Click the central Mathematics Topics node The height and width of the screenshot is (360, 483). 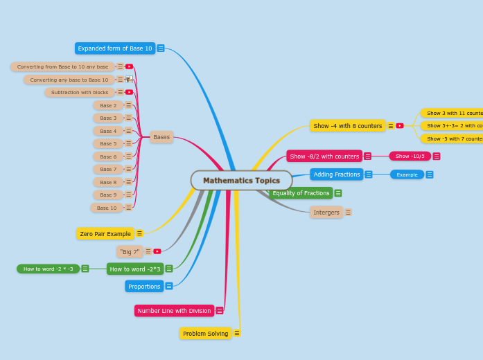pos(241,181)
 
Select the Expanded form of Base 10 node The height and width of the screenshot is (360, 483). pos(115,48)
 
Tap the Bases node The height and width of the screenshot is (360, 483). pos(161,137)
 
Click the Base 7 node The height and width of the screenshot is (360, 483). pos(108,169)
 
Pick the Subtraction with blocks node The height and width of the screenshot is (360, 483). pos(80,92)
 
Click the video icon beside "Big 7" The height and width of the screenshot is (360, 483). pos(157,251)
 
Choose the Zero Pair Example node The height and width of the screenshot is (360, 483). pos(105,234)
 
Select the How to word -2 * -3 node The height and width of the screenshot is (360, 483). pos(48,269)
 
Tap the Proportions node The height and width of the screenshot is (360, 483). pos(144,286)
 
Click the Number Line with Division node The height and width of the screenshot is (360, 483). pos(174,311)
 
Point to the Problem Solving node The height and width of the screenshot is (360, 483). pos(206,334)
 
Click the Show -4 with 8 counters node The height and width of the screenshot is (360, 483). pos(348,126)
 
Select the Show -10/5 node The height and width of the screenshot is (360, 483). pos(410,156)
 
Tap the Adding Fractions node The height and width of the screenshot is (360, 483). pos(337,174)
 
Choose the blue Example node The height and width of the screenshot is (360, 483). pos(407,174)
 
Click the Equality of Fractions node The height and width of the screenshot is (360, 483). pos(301,193)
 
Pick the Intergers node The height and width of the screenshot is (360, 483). pos(326,213)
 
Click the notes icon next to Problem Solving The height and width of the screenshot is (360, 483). pos(237,333)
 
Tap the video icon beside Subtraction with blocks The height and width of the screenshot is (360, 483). pos(130,92)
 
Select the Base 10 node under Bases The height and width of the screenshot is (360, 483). pos(107,208)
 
